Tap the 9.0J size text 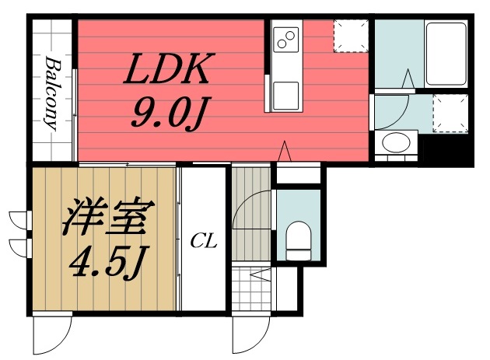point(167,114)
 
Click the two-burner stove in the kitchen point(285,37)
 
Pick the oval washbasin point(396,143)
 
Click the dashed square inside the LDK point(350,35)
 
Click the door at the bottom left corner point(51,335)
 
